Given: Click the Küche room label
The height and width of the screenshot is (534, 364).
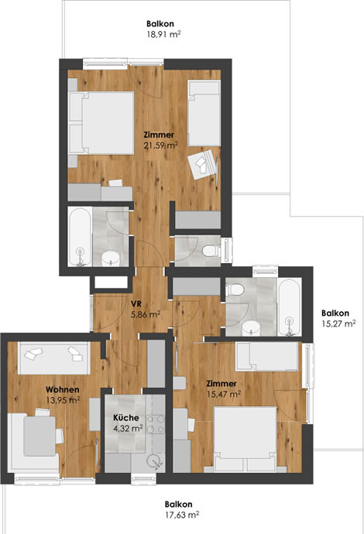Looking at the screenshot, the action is [125, 418].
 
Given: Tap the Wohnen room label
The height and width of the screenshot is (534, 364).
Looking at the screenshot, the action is [63, 389].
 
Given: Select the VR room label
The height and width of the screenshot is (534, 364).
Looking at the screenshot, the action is [136, 304].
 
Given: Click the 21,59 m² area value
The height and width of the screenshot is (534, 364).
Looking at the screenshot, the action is [160, 145].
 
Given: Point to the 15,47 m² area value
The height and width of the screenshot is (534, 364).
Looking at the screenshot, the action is [224, 395].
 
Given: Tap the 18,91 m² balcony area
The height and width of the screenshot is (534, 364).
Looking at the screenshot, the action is [163, 34].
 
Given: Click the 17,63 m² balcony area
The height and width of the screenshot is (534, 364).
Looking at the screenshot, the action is [182, 515].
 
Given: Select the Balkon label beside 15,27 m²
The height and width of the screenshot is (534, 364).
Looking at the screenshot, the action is [335, 313].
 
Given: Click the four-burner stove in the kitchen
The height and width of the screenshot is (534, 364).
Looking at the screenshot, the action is [155, 424].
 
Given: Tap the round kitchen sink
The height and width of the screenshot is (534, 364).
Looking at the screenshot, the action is [154, 461].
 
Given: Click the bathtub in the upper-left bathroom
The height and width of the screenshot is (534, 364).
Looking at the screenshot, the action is [80, 236].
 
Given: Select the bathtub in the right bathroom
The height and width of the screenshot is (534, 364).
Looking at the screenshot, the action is [290, 307].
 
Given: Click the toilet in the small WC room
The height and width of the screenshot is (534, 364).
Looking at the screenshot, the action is [211, 251].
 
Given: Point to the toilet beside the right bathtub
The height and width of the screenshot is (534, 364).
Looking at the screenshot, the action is [235, 289].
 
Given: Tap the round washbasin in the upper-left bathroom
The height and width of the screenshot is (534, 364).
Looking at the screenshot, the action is [111, 258].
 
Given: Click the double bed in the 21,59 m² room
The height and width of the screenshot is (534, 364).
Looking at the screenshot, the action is [101, 123].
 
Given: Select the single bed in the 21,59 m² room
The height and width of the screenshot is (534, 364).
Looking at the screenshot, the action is [204, 114].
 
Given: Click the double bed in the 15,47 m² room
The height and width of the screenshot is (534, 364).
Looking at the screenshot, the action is [245, 440].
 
